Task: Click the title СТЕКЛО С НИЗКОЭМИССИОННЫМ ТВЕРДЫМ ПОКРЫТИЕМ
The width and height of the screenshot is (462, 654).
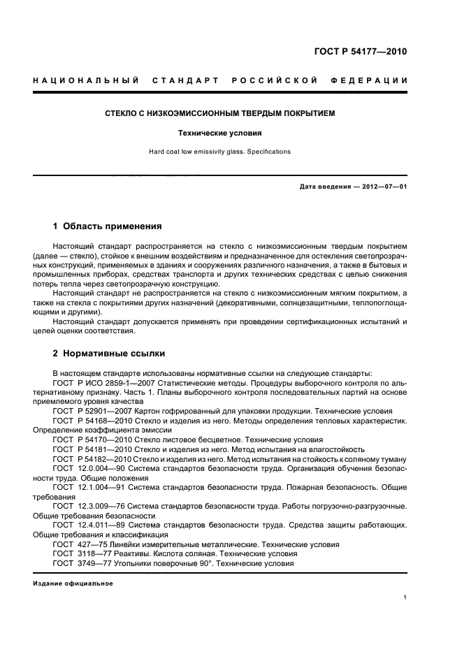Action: [220, 112]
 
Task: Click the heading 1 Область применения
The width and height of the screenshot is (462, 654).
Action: [108, 226]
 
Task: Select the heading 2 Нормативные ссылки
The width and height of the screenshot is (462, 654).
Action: [109, 354]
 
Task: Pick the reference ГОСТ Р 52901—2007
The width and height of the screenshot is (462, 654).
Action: [89, 412]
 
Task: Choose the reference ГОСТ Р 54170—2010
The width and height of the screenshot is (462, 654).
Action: [89, 440]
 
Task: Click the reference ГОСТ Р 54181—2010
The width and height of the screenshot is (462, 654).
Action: [89, 449]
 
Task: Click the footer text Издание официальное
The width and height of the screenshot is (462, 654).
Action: [73, 583]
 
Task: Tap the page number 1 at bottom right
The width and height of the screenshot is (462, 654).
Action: [405, 597]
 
